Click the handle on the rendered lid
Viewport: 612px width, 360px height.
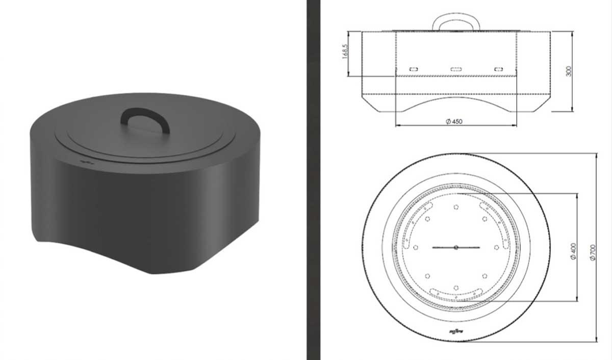coord(145,118)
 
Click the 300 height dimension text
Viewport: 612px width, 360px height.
coord(569,71)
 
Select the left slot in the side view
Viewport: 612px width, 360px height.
coord(414,68)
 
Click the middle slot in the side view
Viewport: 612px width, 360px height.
coord(456,68)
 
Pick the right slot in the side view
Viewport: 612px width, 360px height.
coord(498,68)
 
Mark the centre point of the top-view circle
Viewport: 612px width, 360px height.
coord(456,248)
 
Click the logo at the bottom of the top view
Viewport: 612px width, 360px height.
coord(456,332)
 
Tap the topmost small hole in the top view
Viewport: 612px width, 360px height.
coord(456,207)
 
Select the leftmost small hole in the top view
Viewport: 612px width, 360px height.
coord(416,248)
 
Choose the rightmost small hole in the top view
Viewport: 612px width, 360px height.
coord(496,248)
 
